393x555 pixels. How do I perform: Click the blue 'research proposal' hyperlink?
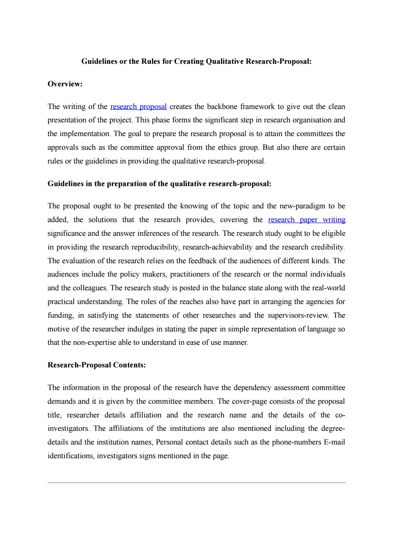click(x=138, y=107)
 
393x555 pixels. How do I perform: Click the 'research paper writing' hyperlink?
click(x=306, y=220)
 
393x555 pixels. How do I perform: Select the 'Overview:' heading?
click(x=65, y=84)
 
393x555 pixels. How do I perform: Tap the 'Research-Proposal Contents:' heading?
click(x=97, y=365)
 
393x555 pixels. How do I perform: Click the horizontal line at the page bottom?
click(x=196, y=482)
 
